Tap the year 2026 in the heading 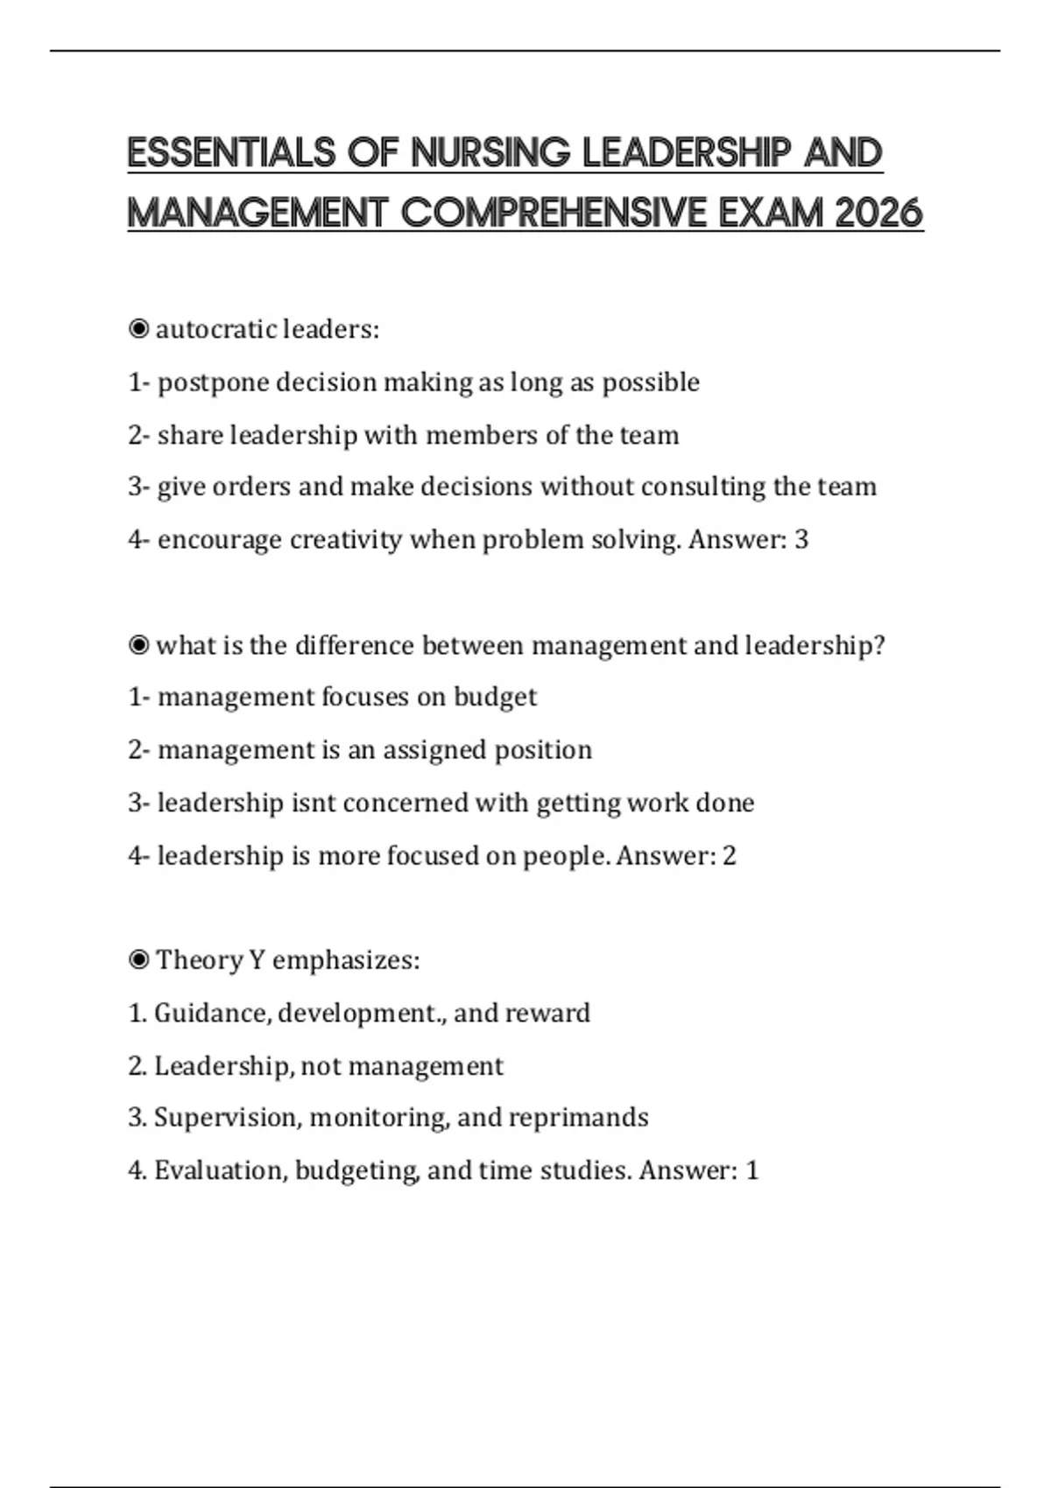click(878, 213)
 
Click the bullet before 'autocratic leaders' click(138, 329)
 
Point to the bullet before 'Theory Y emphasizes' click(138, 960)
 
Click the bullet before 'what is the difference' click(138, 645)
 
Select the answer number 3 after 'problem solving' click(801, 539)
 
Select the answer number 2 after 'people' click(729, 855)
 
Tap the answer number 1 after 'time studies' click(751, 1170)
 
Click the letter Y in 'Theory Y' click(257, 960)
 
